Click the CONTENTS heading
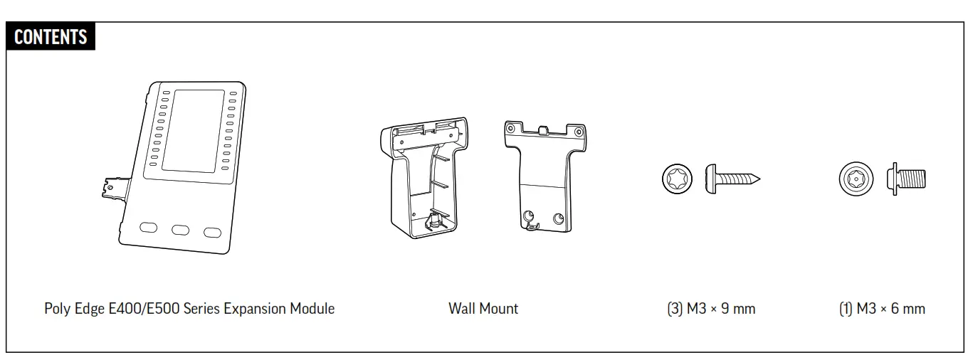[x=51, y=36]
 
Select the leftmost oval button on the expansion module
[x=149, y=228]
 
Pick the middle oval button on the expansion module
[x=181, y=230]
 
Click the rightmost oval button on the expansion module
[x=212, y=232]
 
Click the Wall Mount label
[x=483, y=309]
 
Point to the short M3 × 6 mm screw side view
[x=906, y=178]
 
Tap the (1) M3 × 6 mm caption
[x=883, y=309]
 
